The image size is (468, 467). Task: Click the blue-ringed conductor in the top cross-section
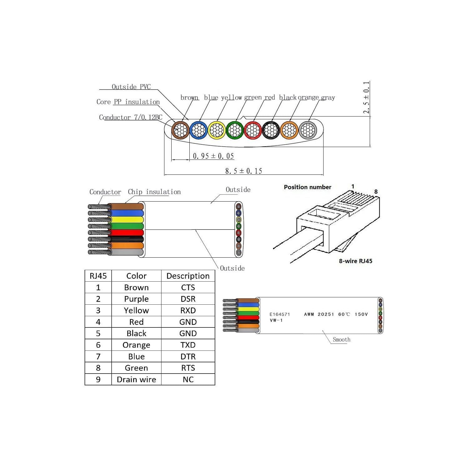coord(199,130)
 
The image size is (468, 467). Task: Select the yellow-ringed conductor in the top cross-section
coord(217,130)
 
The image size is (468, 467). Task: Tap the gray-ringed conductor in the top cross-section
coord(308,130)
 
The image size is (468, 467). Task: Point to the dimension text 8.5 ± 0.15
coord(244,171)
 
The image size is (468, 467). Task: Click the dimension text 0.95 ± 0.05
coord(213,156)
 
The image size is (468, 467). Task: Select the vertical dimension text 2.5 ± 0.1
coord(366,98)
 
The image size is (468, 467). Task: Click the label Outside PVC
coord(131,87)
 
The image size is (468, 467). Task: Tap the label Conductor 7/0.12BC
coord(131,117)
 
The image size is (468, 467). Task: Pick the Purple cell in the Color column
coord(136,299)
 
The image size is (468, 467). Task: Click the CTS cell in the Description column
coord(188,287)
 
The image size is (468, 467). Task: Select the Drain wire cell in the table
coord(136,379)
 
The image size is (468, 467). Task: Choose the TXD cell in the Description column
coord(188,345)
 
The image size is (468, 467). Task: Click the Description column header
coord(188,276)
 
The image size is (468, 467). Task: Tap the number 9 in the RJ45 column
coord(98,379)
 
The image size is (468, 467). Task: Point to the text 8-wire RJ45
coord(356,261)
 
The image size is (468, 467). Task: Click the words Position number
coord(308,187)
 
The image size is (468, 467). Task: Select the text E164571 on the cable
coord(280,314)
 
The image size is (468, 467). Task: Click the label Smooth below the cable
coord(342,339)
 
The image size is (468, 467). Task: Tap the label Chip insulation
coord(154,192)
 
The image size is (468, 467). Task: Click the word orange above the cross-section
coord(309,98)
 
